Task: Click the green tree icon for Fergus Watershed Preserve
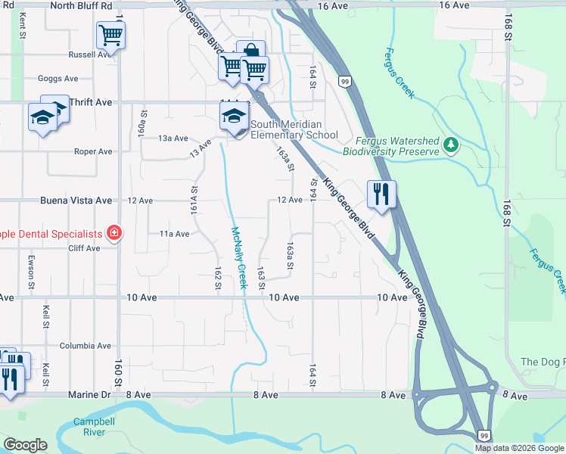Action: click(x=451, y=143)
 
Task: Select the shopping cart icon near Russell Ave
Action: click(x=110, y=35)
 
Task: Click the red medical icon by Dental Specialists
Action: click(x=114, y=232)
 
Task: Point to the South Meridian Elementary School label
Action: click(x=294, y=129)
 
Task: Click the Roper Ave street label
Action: click(x=93, y=151)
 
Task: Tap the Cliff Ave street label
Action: click(x=83, y=248)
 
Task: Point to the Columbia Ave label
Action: click(x=86, y=346)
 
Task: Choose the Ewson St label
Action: click(x=32, y=272)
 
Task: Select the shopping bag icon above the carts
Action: click(x=250, y=50)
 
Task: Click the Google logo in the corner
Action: click(x=24, y=445)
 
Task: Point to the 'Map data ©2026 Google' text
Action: click(x=519, y=448)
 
